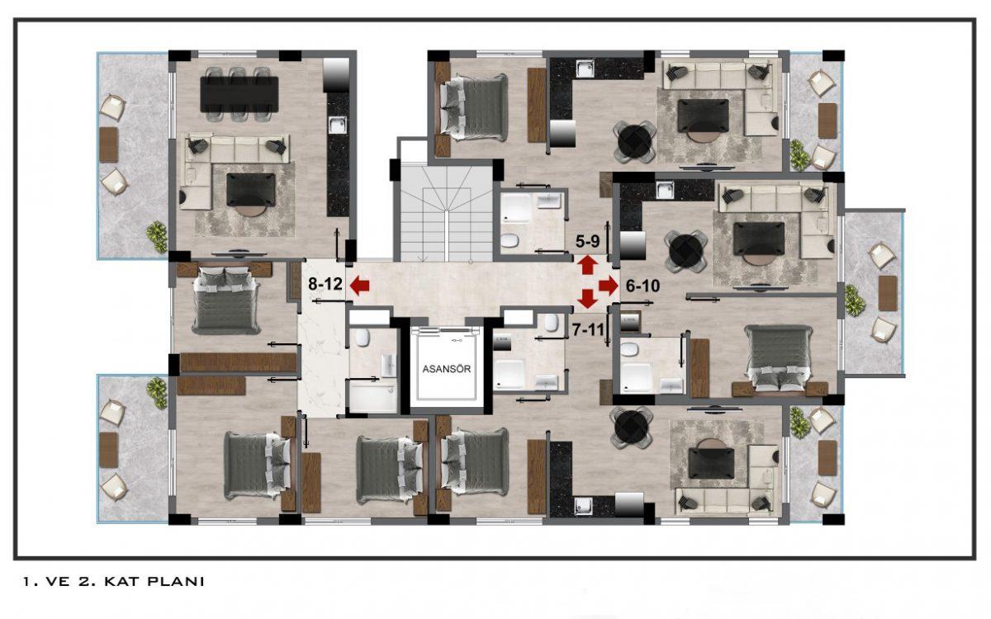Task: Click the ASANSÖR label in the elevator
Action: [447, 369]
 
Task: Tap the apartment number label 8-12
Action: [325, 284]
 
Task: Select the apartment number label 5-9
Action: [587, 241]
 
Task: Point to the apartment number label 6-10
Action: [642, 286]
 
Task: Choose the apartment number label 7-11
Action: [588, 330]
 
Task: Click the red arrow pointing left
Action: [359, 286]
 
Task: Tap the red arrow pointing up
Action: [588, 265]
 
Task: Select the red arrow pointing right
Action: [609, 286]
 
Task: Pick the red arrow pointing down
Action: [587, 299]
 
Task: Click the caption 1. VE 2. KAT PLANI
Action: [114, 581]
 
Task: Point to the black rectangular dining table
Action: [239, 94]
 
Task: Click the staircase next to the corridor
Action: [447, 213]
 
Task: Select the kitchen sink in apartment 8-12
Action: [338, 125]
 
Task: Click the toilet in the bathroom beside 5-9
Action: [510, 240]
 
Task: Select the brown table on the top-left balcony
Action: [108, 144]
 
